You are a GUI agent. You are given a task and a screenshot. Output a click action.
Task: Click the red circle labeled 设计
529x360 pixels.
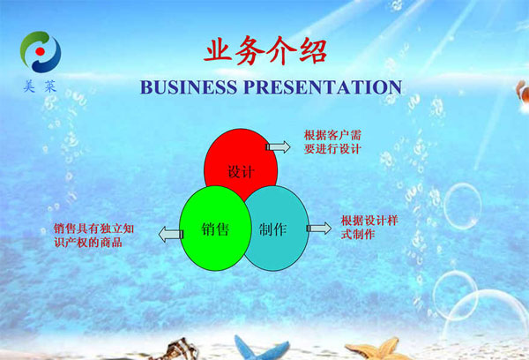241,159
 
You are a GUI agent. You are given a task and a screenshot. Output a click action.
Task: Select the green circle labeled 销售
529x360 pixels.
215,229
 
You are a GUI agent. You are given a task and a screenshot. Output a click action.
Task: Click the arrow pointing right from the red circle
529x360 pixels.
278,146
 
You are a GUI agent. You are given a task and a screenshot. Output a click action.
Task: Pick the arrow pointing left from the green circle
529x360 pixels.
171,235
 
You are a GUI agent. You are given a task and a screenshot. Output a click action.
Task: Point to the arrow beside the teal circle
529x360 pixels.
319,229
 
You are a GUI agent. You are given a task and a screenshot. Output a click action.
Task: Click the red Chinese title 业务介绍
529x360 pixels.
266,51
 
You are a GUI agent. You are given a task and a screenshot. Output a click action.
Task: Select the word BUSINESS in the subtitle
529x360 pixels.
189,87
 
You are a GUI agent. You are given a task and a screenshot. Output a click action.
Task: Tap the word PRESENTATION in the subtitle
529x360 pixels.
323,87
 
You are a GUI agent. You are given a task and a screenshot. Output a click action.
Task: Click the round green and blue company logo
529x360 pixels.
41,52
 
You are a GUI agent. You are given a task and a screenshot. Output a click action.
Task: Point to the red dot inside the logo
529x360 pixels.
41,51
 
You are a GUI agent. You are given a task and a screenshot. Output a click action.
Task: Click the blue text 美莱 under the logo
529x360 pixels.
40,86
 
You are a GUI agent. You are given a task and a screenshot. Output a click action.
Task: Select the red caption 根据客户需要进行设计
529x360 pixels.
332,142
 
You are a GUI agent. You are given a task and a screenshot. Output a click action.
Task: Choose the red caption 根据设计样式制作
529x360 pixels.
369,228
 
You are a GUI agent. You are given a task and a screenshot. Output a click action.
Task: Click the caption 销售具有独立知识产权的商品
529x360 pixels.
93,236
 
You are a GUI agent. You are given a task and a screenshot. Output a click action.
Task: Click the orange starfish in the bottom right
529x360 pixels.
379,349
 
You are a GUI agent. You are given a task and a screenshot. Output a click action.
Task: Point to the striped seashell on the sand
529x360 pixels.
177,349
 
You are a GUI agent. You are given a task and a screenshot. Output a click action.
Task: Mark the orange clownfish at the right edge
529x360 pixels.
523,91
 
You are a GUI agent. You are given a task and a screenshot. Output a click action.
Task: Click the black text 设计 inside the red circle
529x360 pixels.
241,171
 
